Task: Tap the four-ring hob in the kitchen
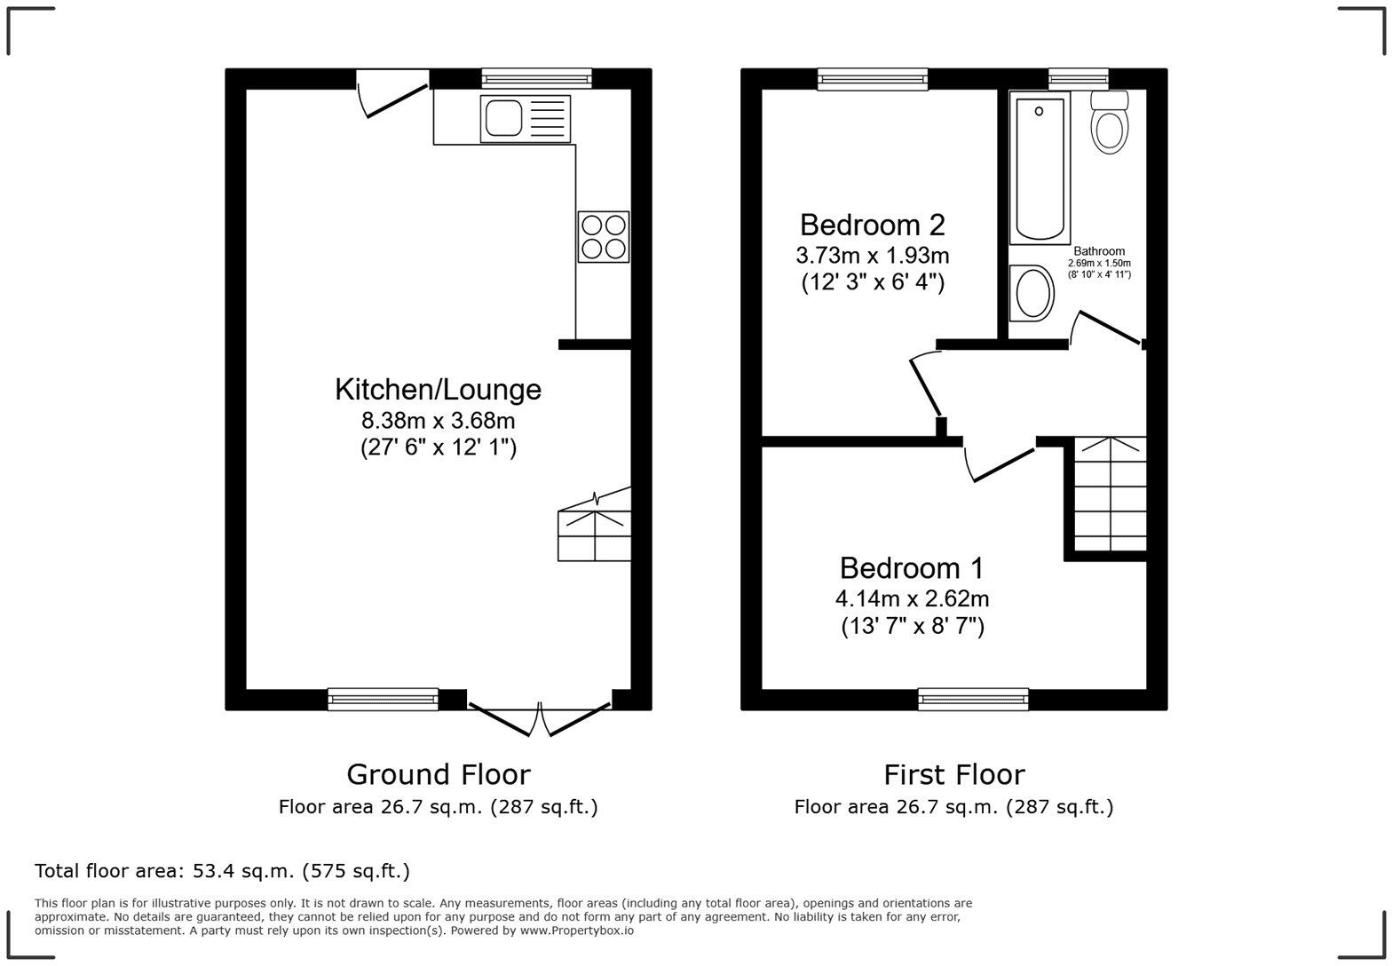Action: [604, 236]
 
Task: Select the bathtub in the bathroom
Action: [1040, 169]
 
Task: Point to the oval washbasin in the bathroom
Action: [1032, 293]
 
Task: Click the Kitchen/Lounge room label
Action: [438, 389]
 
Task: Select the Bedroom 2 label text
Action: [872, 225]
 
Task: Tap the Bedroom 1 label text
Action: [912, 568]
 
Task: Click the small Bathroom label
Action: [1099, 251]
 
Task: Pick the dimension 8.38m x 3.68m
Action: [438, 419]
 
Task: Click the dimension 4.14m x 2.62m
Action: [912, 598]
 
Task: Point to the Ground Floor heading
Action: [438, 774]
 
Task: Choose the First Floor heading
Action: [953, 774]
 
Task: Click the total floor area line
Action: [222, 871]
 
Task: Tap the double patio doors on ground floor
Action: [540, 717]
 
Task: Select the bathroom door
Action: [1106, 327]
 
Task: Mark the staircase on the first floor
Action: [1110, 495]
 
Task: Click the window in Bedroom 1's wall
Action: [973, 699]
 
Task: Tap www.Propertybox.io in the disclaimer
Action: [576, 930]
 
